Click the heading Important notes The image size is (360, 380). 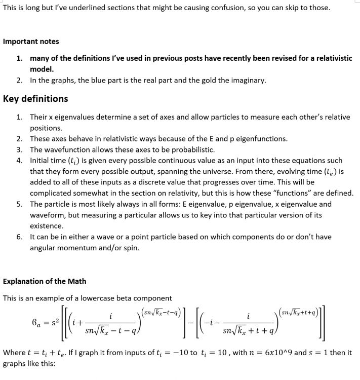[31, 42]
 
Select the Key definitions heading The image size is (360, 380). [35, 98]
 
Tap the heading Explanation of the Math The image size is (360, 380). [45, 281]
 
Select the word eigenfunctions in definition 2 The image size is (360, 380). [264, 138]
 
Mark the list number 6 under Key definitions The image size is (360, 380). [19, 237]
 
